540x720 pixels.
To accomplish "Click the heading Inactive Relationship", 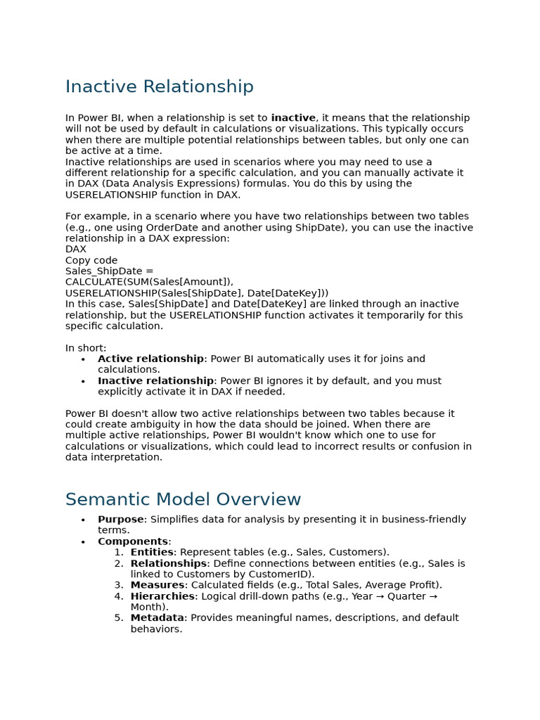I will click(x=159, y=86).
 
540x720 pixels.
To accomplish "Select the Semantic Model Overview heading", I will click(x=183, y=499).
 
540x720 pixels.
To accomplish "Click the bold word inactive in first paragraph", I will click(x=293, y=118).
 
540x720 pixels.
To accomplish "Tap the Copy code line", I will click(x=91, y=260).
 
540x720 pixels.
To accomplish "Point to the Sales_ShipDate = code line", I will click(x=109, y=271).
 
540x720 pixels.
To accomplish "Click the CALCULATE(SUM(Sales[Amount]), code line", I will click(x=149, y=282).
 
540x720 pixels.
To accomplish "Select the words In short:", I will click(x=86, y=348).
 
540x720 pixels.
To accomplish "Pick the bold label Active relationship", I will click(x=150, y=359).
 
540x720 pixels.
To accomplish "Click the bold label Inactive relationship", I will click(x=155, y=380).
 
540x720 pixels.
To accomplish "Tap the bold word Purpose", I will click(x=121, y=520).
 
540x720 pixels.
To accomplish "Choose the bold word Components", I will click(x=133, y=541).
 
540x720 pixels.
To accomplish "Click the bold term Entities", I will click(x=152, y=553).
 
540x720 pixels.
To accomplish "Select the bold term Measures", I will click(x=157, y=585).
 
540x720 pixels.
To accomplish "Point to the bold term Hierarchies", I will click(x=162, y=596).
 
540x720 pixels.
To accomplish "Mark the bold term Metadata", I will click(x=157, y=618).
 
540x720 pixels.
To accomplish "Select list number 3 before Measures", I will click(x=118, y=585).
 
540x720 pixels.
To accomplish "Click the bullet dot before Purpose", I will click(x=83, y=520).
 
